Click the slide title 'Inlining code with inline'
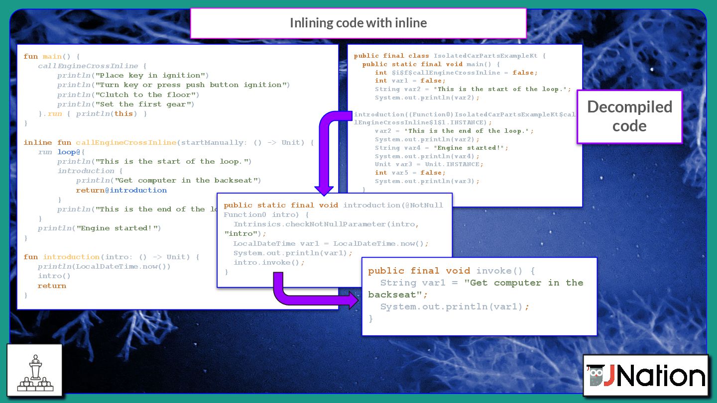(358, 23)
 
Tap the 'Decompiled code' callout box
(629, 116)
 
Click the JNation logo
(646, 376)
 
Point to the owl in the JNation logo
(596, 377)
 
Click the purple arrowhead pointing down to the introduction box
(324, 189)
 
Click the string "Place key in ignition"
(151, 76)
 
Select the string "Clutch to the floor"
(147, 95)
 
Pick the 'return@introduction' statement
(121, 190)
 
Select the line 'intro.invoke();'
(269, 263)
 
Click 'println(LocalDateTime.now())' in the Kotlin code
(104, 266)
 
